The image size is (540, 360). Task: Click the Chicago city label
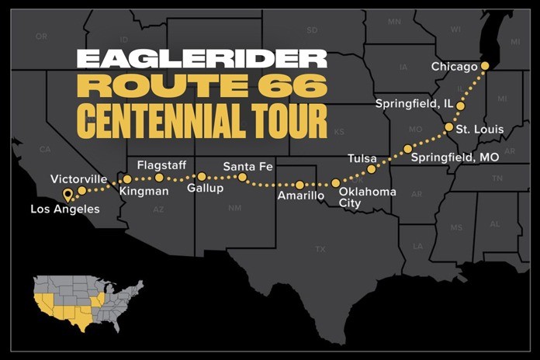pyautogui.click(x=454, y=67)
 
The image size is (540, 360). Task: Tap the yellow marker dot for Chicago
pyautogui.click(x=486, y=66)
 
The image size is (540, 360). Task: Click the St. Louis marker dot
pyautogui.click(x=449, y=126)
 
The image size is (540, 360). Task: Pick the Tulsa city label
pyautogui.click(x=362, y=158)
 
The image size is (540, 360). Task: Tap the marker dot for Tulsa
pyautogui.click(x=372, y=168)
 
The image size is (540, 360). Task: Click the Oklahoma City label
pyautogui.click(x=368, y=197)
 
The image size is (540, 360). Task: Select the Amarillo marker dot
pyautogui.click(x=300, y=185)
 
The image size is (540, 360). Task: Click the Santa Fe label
pyautogui.click(x=246, y=166)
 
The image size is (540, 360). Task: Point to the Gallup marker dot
pyautogui.click(x=202, y=177)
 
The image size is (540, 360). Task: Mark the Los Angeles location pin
pyautogui.click(x=67, y=194)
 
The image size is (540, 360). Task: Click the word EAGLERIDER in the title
pyautogui.click(x=202, y=59)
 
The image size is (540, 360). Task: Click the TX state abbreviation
pyautogui.click(x=320, y=249)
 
